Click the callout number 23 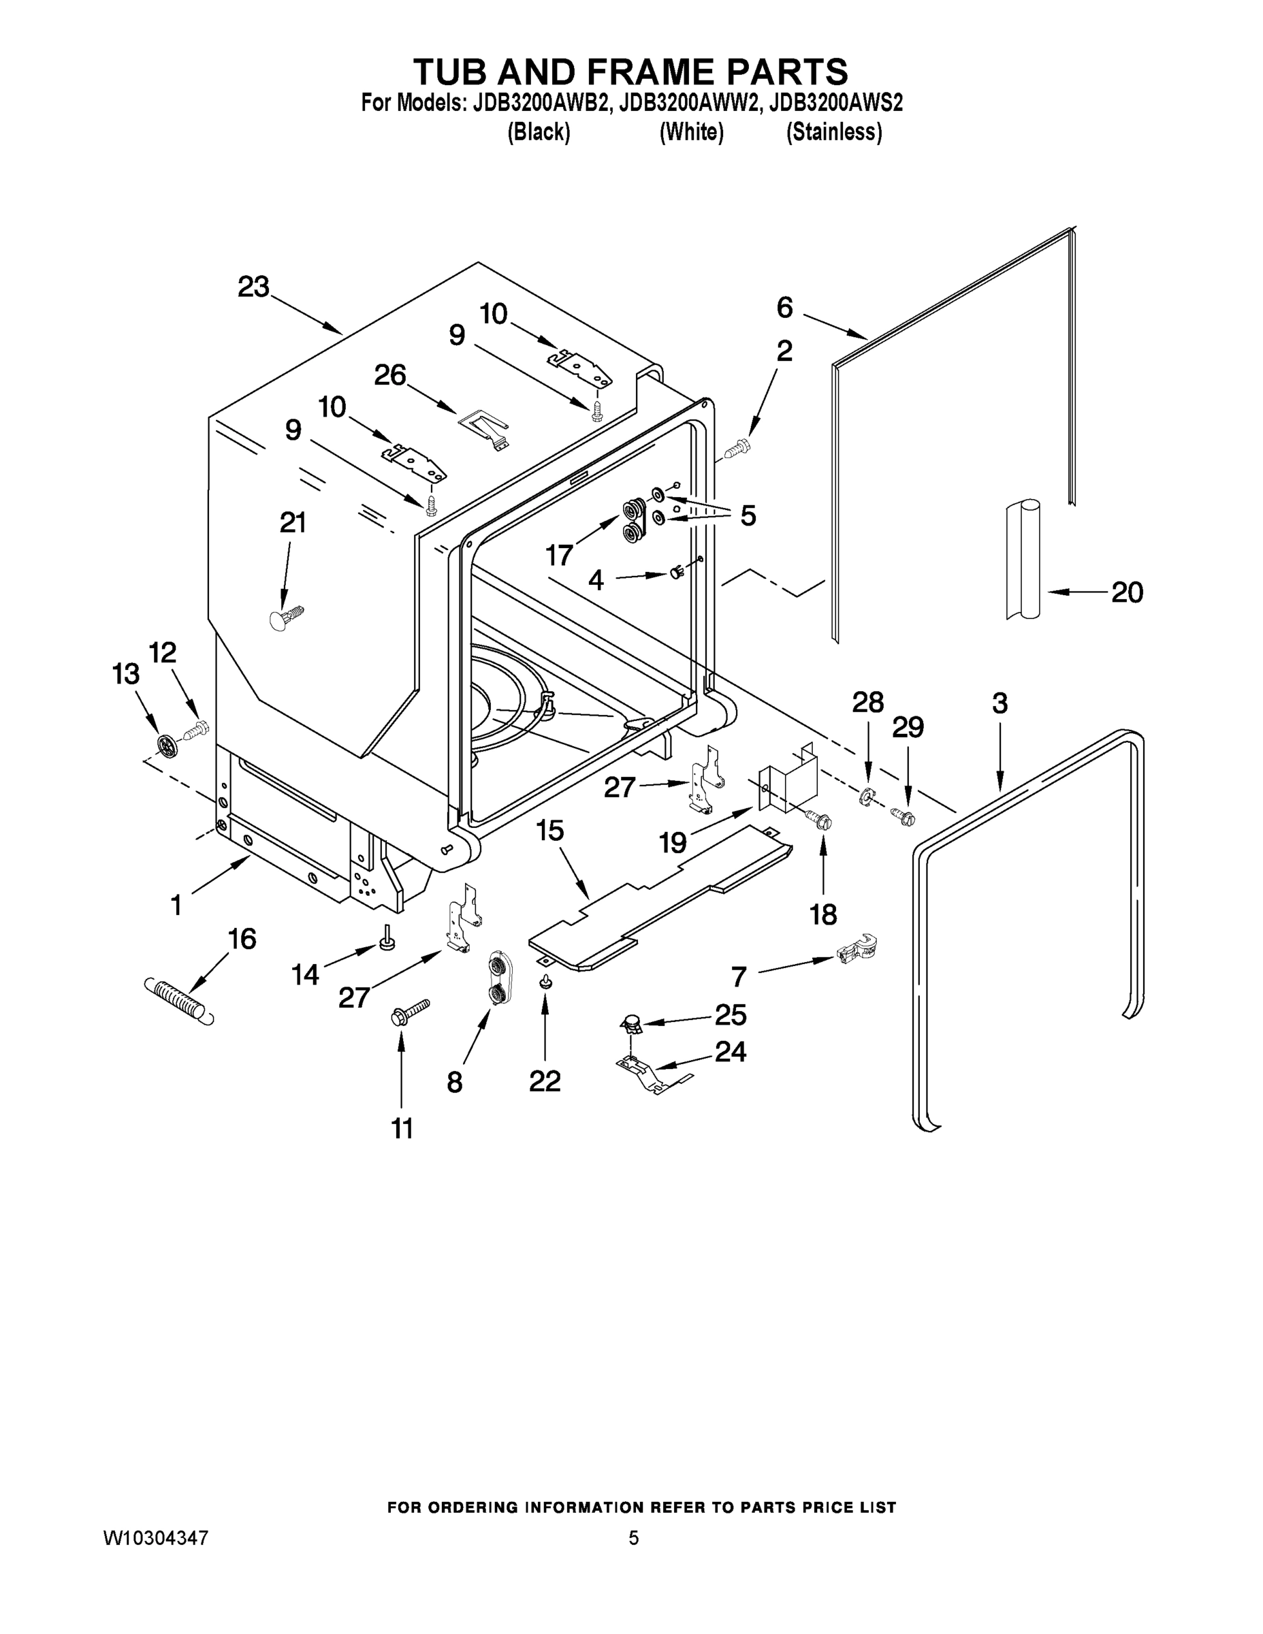pos(253,287)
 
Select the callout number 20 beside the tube pos(1127,592)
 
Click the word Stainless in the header pos(833,133)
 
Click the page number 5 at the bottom pos(633,1538)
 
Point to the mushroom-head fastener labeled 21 pos(285,618)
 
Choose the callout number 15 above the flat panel pos(550,831)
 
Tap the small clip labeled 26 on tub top pos(483,430)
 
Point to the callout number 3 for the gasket pos(1000,703)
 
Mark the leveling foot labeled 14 pos(387,938)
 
